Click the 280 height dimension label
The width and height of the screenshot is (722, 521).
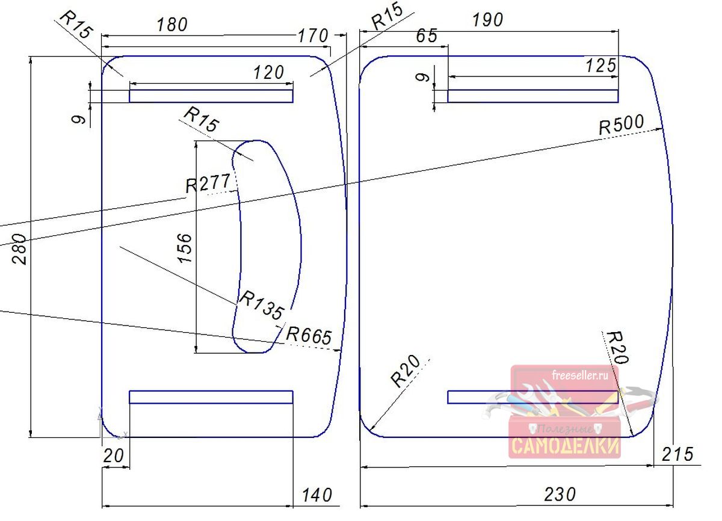(19, 249)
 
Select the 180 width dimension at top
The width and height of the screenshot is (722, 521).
(172, 25)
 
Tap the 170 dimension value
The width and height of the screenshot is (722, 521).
(313, 35)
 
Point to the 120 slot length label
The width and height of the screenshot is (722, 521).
(268, 73)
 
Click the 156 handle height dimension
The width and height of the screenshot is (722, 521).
(185, 248)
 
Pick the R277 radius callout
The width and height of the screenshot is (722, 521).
(208, 183)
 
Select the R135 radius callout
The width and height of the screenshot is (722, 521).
(262, 305)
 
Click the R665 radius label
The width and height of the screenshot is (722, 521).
(309, 336)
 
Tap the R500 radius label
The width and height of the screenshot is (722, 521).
(622, 125)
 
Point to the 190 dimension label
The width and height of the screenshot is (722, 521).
(487, 20)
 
